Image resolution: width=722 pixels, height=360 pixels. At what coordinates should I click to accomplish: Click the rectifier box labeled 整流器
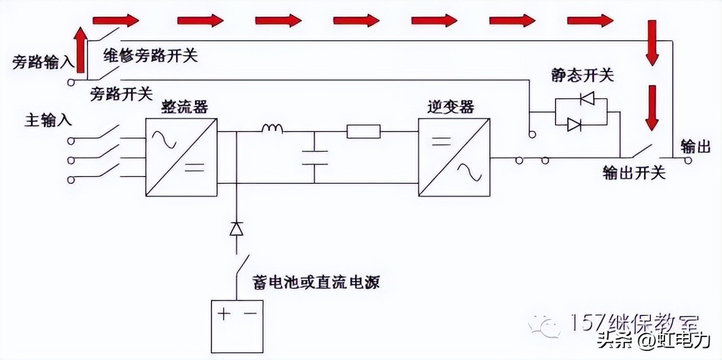point(181,157)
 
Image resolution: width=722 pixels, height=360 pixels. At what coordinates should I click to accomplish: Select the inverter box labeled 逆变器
point(454,157)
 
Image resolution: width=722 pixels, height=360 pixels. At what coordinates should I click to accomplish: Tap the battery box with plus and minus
point(236,326)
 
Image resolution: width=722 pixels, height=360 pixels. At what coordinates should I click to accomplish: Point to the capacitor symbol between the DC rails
point(314,157)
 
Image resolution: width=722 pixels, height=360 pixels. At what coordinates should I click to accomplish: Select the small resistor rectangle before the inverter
point(363,132)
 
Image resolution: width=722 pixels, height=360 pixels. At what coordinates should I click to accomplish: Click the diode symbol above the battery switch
point(236,229)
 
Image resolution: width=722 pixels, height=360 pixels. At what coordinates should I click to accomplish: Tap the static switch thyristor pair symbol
point(580,111)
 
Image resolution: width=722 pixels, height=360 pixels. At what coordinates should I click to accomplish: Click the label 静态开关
point(582,76)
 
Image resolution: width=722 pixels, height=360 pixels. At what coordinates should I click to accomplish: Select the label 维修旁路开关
point(151,55)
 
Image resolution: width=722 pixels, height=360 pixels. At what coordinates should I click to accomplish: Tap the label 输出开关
point(634,172)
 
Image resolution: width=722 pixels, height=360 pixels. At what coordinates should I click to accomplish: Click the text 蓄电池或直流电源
point(316,282)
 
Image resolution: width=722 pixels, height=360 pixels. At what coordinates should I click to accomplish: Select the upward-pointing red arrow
point(81,51)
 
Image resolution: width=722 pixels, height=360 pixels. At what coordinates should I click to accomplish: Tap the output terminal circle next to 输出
point(688,160)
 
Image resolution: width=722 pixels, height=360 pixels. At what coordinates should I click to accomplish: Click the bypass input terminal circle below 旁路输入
point(71,82)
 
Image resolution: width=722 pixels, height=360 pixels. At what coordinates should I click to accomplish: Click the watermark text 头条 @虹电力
point(654,341)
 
